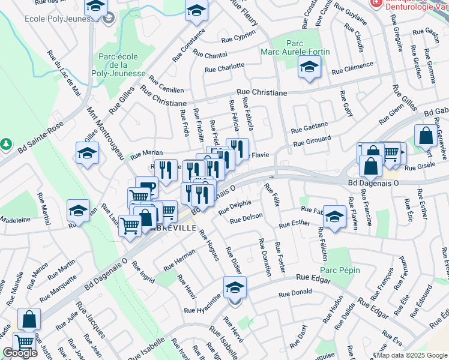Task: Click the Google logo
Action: click(x=20, y=353)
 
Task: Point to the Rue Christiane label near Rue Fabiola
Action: click(x=262, y=93)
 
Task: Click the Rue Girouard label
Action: click(x=312, y=142)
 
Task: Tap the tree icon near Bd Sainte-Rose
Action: click(x=6, y=145)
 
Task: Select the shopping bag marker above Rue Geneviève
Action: click(x=426, y=136)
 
